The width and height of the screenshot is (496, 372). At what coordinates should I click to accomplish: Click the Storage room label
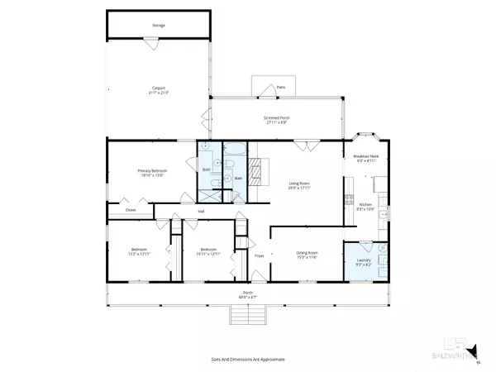tap(158, 26)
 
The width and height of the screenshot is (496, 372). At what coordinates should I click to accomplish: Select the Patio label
tap(280, 86)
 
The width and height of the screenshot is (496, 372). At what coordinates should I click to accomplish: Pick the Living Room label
tap(298, 186)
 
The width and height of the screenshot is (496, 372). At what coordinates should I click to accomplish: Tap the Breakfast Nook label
tap(365, 159)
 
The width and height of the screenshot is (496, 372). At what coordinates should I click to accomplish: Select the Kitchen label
tap(365, 207)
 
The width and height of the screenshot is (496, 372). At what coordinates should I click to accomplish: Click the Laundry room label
tap(365, 261)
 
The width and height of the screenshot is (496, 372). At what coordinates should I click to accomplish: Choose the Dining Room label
tap(308, 255)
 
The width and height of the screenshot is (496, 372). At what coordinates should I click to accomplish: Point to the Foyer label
tap(258, 256)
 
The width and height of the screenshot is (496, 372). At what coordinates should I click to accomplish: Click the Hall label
tap(200, 212)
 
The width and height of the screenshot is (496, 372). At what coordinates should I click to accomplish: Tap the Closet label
tap(131, 210)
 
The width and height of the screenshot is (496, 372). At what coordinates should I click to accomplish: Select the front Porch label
tap(248, 293)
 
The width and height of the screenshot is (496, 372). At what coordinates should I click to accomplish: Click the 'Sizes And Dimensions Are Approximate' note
tap(248, 359)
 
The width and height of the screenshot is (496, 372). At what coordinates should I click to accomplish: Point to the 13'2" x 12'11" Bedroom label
tap(138, 252)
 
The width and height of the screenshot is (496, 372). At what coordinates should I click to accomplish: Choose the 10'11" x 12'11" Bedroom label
tap(207, 252)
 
